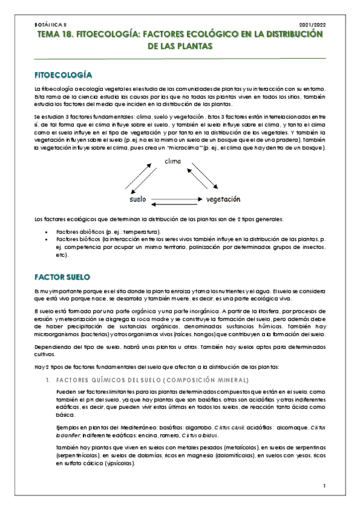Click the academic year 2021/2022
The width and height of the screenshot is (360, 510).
tap(311, 25)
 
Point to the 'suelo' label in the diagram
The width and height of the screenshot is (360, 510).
tap(138, 198)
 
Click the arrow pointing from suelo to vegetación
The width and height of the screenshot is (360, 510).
tap(173, 196)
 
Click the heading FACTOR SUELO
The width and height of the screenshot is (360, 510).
tap(62, 276)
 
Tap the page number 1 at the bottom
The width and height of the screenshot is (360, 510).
tap(324, 486)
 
